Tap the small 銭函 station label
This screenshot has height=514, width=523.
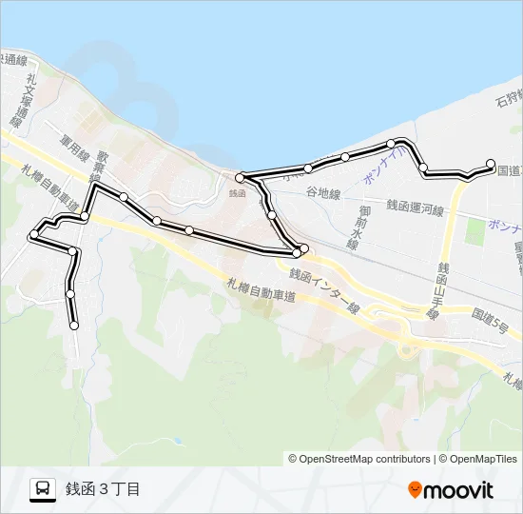pyautogui.click(x=237, y=192)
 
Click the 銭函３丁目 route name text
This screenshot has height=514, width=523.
pyautogui.click(x=103, y=489)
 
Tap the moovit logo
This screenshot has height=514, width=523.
pyautogui.click(x=451, y=490)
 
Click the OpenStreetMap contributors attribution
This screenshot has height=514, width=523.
pyautogui.click(x=359, y=459)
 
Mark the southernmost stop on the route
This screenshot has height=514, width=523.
pyautogui.click(x=74, y=326)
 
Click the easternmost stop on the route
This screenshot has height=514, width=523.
pyautogui.click(x=491, y=163)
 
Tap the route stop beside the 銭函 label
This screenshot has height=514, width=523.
pyautogui.click(x=241, y=176)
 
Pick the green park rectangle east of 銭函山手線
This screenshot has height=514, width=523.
pyautogui.click(x=474, y=231)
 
